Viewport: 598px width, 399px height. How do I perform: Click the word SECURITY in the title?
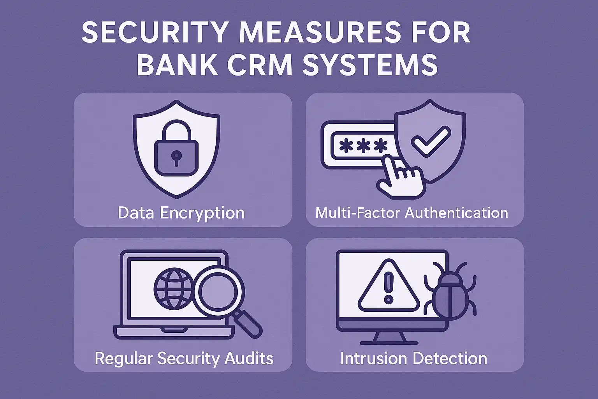point(154,33)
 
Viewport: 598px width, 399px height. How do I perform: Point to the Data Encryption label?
point(181,213)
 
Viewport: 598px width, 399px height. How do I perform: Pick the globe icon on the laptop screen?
point(174,288)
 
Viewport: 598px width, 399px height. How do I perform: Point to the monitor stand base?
point(389,343)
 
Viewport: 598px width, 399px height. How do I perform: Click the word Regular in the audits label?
point(123,358)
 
